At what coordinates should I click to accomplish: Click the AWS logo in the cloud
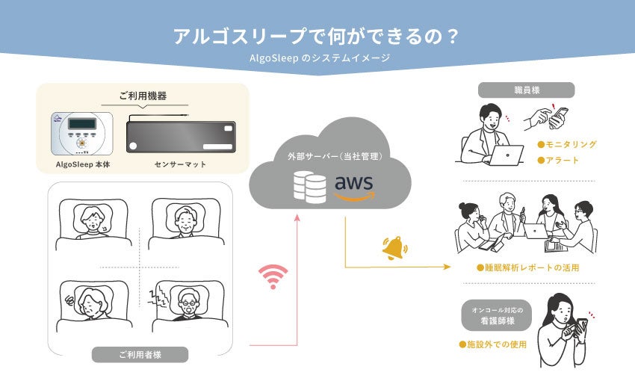[354, 185]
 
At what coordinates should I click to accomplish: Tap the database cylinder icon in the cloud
[309, 186]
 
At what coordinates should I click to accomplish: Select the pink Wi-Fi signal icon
[273, 276]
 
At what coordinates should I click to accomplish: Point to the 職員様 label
[526, 90]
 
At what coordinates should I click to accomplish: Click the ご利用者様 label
[140, 355]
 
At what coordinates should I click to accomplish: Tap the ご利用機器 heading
[143, 96]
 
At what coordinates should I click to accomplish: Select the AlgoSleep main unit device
[82, 133]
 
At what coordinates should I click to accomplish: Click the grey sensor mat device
[181, 136]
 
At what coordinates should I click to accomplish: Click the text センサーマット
[181, 164]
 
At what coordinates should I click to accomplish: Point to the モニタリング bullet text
[571, 144]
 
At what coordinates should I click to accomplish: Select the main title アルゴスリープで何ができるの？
[316, 36]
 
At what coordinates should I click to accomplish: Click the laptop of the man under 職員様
[507, 154]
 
